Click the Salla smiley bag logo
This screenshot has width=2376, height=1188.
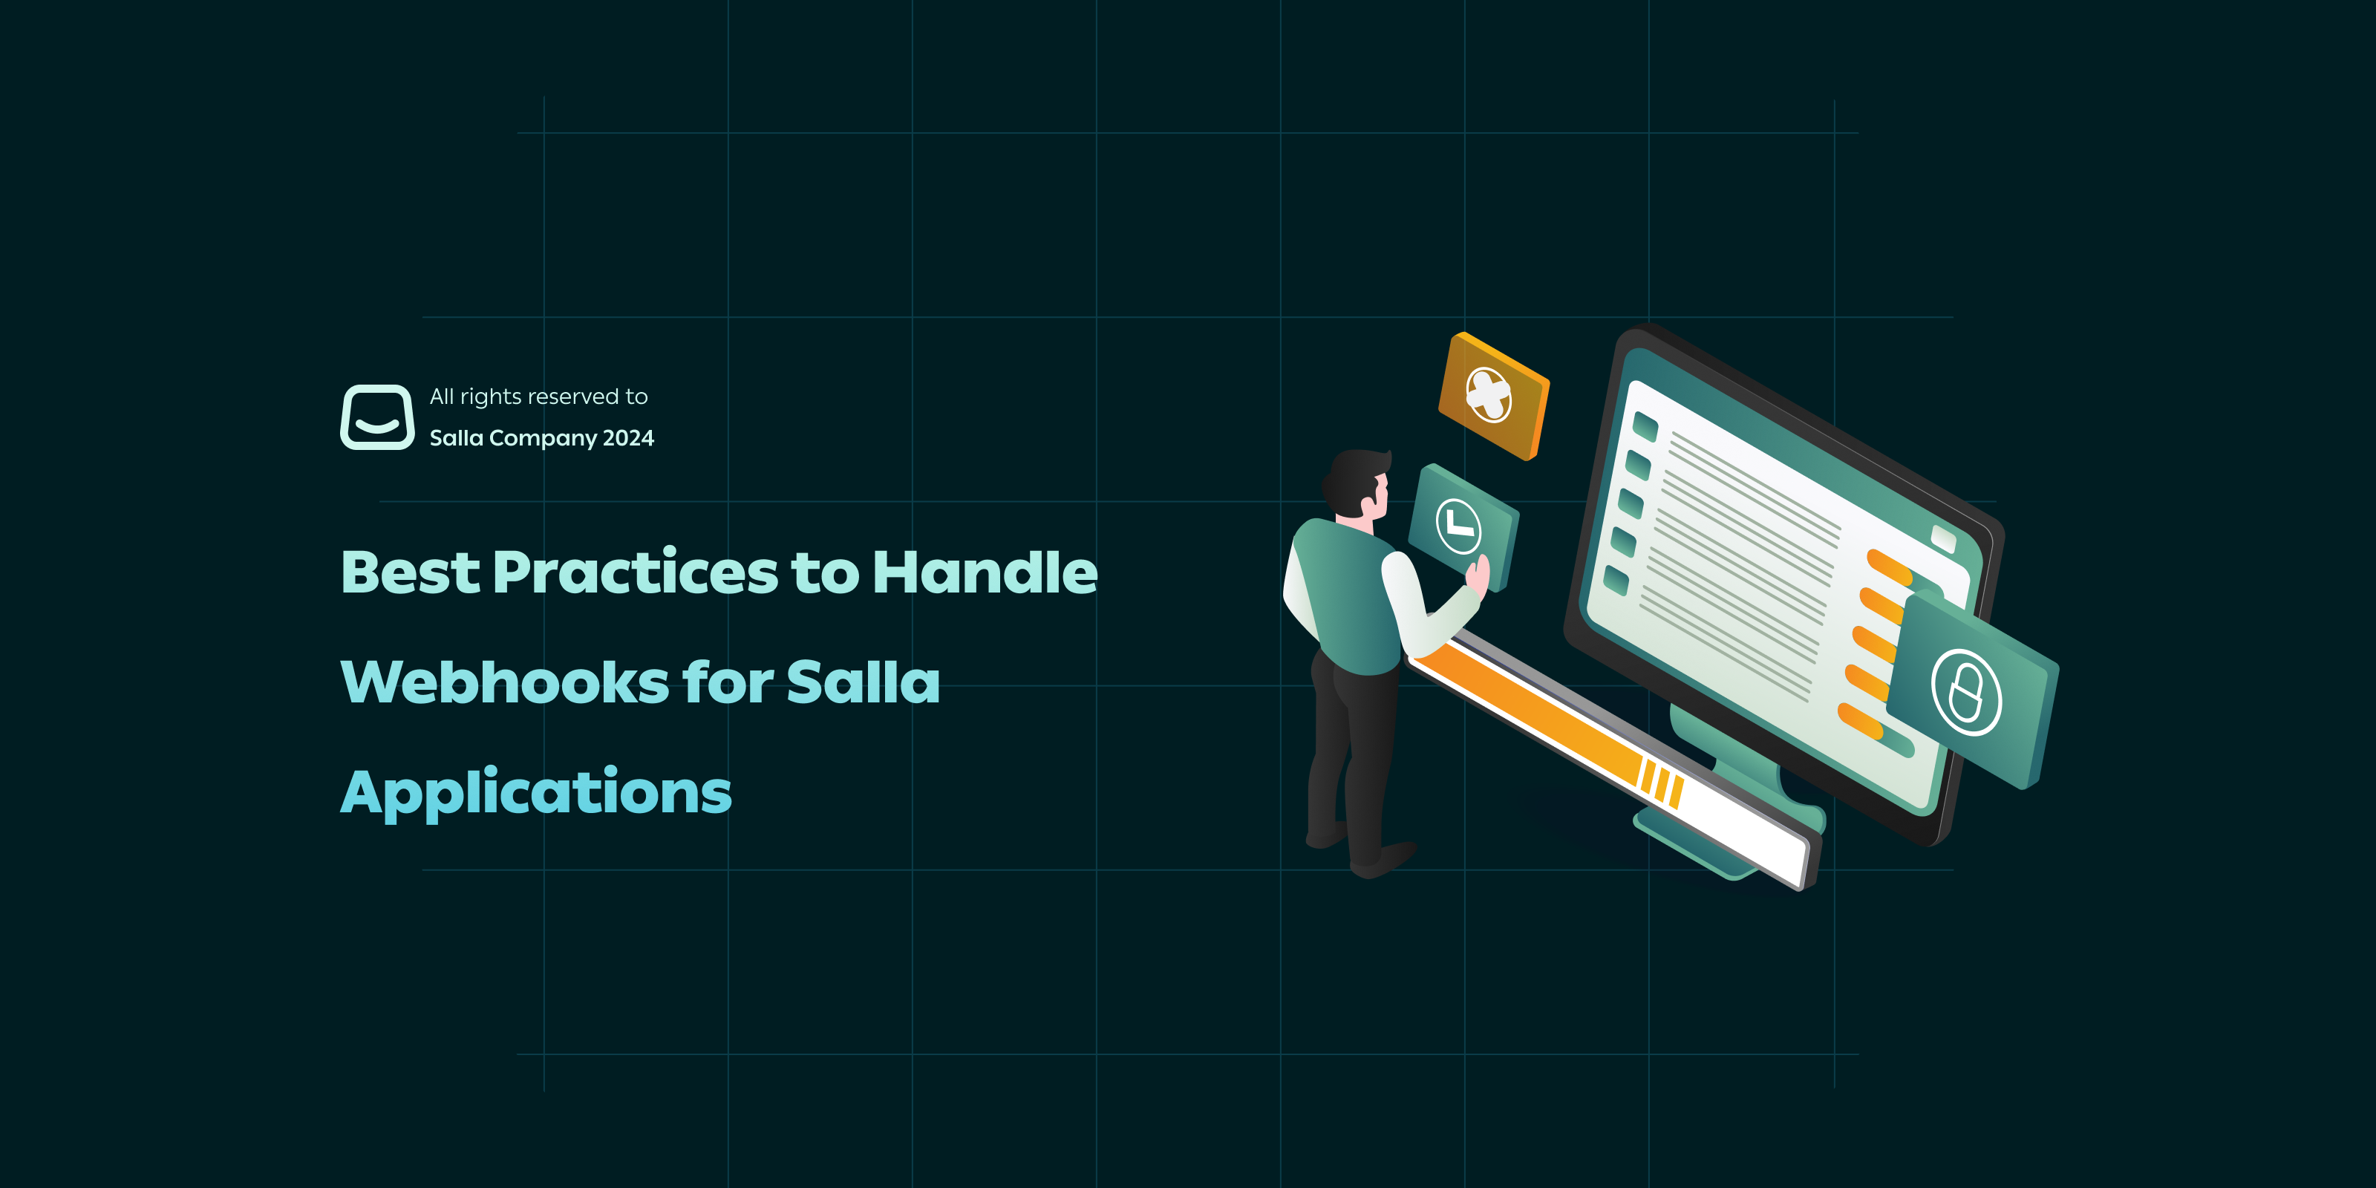[x=377, y=417]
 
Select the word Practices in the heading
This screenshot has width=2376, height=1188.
[x=636, y=572]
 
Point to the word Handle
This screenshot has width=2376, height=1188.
[x=985, y=571]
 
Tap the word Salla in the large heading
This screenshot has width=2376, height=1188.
[x=862, y=682]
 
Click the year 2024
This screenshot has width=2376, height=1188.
[x=628, y=438]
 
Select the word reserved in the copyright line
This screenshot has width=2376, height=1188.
[x=572, y=396]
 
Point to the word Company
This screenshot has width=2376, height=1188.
[x=544, y=439]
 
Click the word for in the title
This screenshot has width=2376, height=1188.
[x=728, y=682]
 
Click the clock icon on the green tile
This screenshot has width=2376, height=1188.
[x=1458, y=526]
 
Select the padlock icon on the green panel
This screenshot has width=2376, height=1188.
[x=1965, y=693]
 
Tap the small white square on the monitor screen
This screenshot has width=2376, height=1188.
[x=1942, y=538]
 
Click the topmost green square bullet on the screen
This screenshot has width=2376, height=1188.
[x=1645, y=427]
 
